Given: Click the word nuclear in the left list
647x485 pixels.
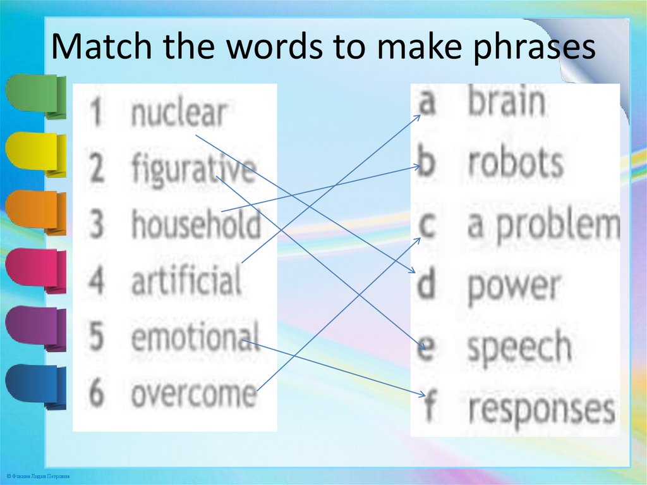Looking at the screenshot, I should point(178,114).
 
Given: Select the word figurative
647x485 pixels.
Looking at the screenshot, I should point(194,170).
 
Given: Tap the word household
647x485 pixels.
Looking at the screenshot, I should point(196,224).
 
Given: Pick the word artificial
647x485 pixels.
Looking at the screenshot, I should point(186,279).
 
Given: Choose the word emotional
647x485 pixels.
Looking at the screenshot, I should point(195,336).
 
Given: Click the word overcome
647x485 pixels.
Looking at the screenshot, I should point(194,393).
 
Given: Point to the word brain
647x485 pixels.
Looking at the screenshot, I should point(506,102).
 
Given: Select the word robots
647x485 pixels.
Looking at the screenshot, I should point(515,163).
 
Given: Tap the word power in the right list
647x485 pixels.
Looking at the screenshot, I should point(513,286).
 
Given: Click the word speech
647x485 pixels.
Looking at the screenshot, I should point(519,348).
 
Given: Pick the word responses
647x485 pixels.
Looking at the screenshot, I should point(541,409).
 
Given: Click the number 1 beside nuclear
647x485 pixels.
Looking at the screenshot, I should point(96,114).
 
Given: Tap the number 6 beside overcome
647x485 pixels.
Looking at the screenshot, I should point(96,393).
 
